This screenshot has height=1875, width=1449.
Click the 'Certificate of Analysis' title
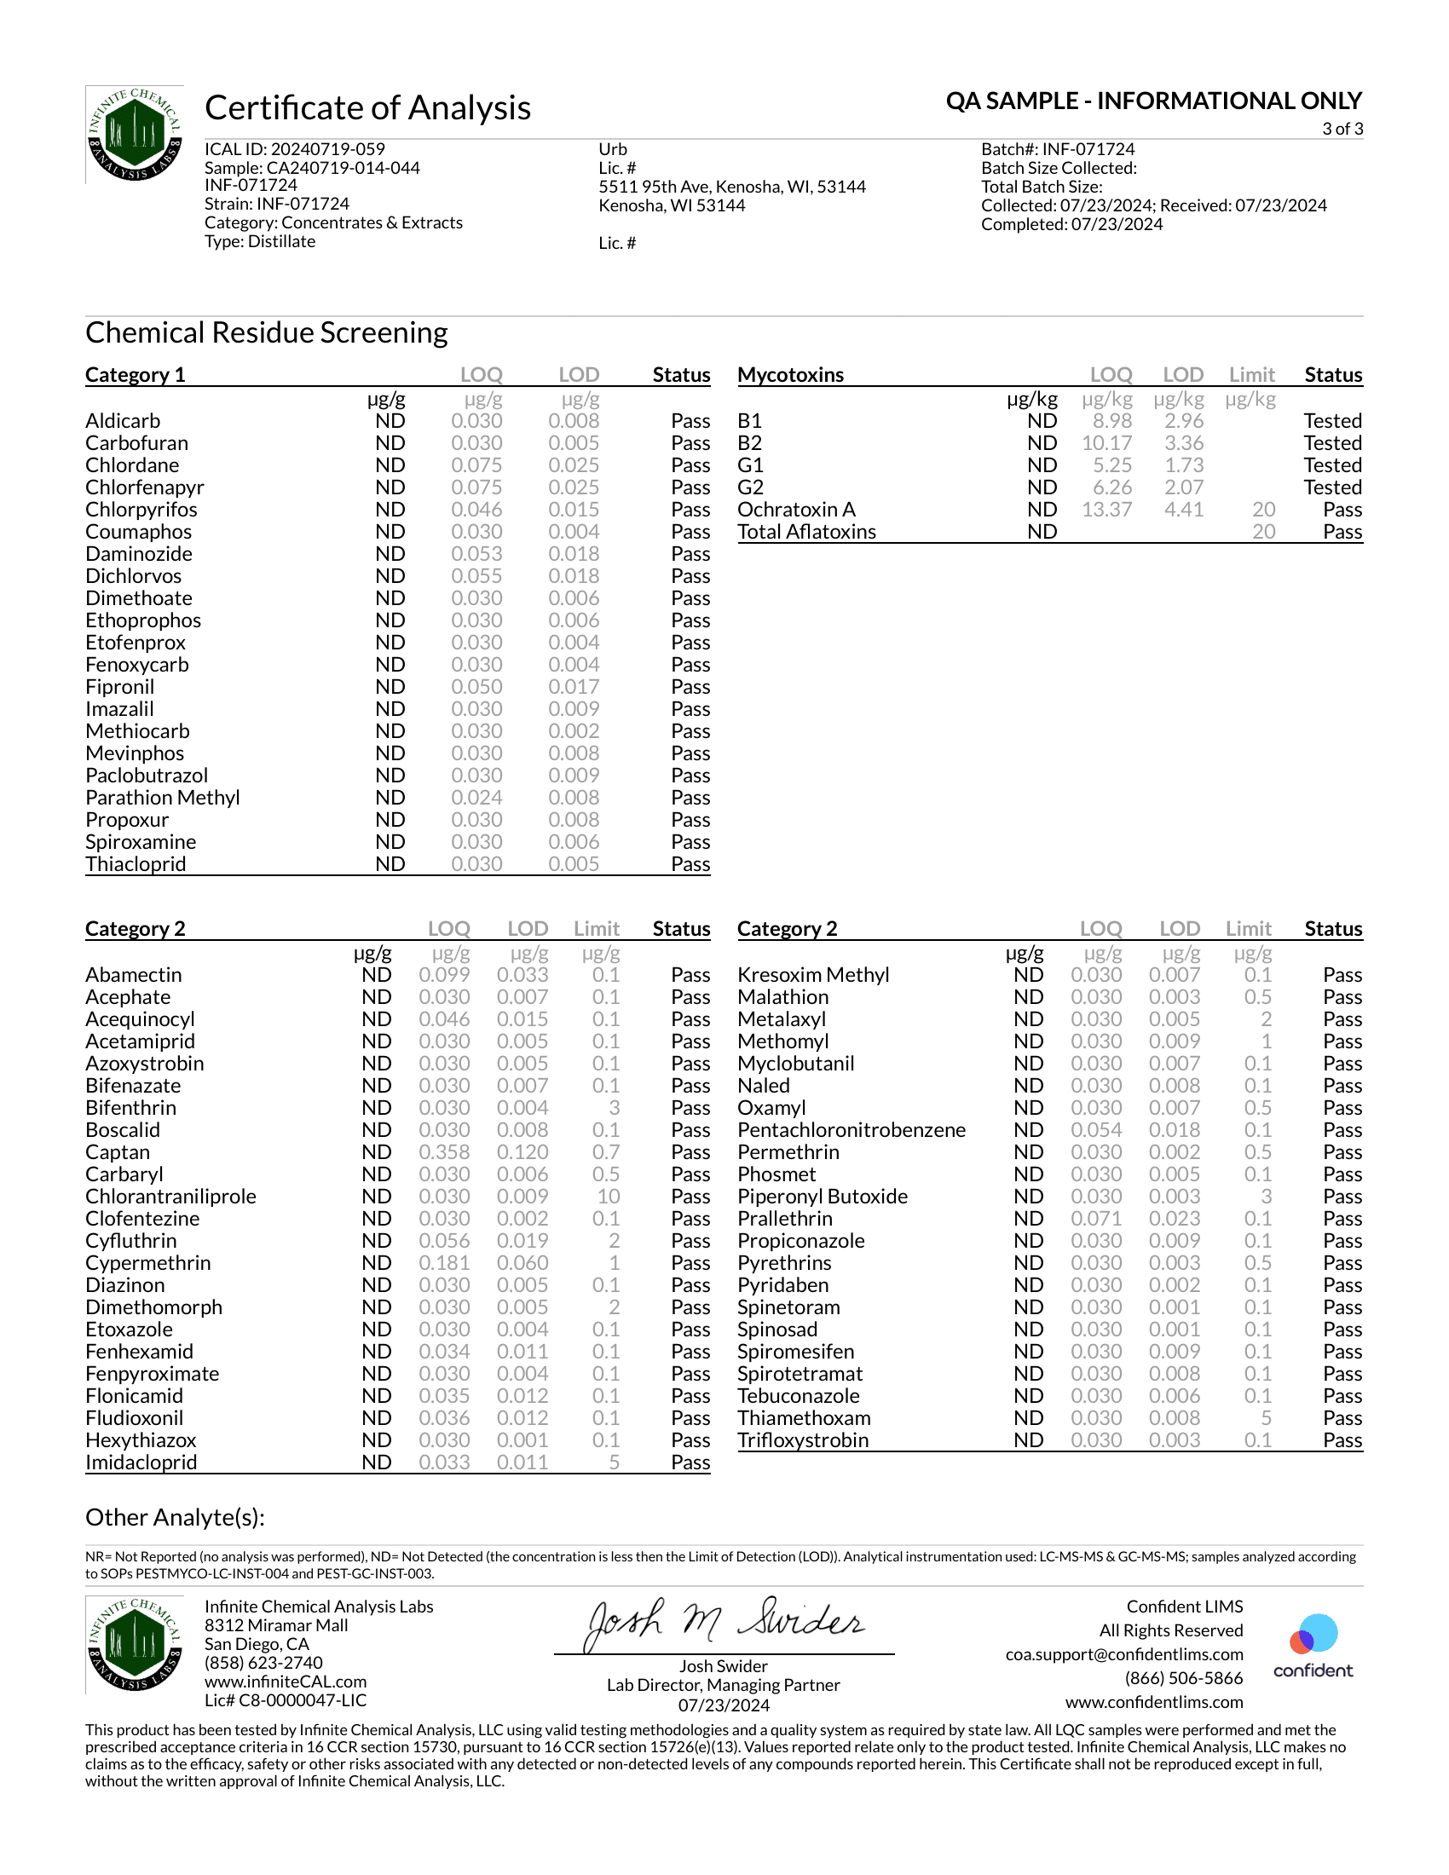[367, 108]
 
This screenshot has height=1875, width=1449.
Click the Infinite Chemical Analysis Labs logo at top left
[135, 134]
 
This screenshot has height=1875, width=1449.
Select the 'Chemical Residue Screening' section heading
[266, 333]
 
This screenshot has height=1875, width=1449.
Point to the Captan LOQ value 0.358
[444, 1152]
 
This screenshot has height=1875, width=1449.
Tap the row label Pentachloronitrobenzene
[851, 1130]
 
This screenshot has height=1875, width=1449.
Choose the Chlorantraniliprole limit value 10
[608, 1197]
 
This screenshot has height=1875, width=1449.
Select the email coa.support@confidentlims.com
[1123, 1654]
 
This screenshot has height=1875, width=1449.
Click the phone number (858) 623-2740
[263, 1663]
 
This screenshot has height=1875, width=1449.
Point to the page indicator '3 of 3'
[1342, 129]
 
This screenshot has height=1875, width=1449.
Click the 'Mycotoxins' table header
[791, 375]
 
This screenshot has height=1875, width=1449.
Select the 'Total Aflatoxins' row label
[806, 533]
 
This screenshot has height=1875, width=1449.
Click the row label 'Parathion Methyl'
[162, 798]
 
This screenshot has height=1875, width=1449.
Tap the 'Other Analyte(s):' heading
[175, 1518]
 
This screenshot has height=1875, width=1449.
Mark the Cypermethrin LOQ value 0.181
[444, 1263]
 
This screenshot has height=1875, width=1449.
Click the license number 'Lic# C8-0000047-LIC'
[285, 1701]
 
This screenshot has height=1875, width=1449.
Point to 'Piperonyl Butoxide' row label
[822, 1197]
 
